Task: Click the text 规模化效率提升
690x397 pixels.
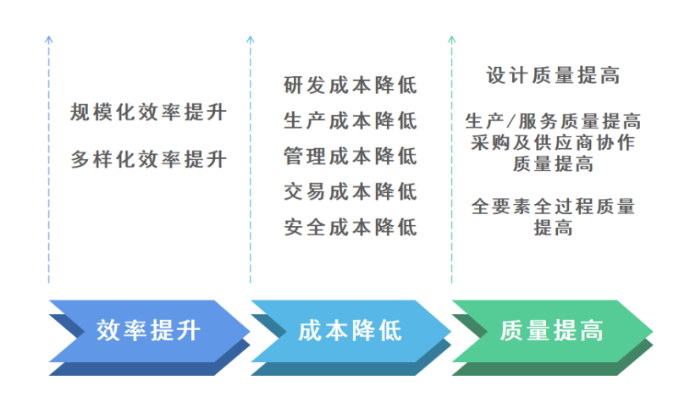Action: click(x=148, y=113)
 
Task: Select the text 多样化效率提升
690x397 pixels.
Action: click(x=148, y=158)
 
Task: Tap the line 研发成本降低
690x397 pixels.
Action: click(x=350, y=85)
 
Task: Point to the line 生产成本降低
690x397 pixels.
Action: click(x=350, y=121)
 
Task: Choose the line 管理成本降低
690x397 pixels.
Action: click(x=350, y=157)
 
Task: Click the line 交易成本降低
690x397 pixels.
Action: click(x=350, y=192)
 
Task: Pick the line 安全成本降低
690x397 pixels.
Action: click(x=350, y=228)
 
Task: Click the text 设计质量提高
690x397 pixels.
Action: click(x=553, y=76)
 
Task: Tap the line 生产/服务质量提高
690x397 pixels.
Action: click(x=553, y=122)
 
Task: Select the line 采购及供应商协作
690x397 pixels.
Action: click(x=553, y=142)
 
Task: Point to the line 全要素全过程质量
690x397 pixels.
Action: click(x=553, y=207)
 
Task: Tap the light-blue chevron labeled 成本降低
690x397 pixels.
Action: click(x=350, y=330)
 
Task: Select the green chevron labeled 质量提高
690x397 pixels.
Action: click(x=551, y=330)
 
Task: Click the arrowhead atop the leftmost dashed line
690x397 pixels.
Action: click(x=49, y=39)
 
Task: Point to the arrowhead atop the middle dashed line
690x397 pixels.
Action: click(x=250, y=39)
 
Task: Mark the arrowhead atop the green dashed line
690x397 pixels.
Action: click(x=451, y=39)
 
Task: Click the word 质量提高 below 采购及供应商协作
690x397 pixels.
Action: click(x=553, y=163)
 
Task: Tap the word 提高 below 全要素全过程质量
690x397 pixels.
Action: click(x=553, y=228)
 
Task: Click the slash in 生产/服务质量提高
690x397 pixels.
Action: click(x=510, y=122)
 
